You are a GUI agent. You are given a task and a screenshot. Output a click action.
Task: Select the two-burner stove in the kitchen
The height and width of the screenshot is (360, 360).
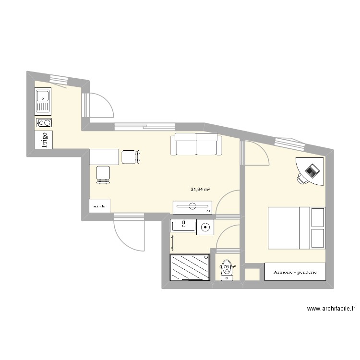44,123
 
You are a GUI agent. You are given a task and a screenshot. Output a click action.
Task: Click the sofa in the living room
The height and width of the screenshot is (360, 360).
196,144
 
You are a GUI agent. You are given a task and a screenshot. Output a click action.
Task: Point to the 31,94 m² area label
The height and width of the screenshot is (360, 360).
200,190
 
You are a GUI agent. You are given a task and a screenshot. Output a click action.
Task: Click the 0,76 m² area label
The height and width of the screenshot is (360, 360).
228,267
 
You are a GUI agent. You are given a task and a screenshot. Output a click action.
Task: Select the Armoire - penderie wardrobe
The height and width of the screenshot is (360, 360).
295,272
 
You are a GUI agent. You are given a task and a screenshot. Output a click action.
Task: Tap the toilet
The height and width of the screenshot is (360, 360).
227,272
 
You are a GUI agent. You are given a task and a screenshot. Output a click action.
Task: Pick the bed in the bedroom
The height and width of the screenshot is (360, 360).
296,228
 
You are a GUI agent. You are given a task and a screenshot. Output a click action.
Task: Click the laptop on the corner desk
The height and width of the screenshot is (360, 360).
312,169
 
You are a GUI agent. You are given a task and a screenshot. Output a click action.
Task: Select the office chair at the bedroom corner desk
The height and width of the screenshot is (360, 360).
303,178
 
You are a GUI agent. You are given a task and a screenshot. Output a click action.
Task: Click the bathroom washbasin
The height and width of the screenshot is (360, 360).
183,225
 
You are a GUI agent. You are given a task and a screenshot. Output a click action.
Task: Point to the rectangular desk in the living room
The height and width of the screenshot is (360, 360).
104,157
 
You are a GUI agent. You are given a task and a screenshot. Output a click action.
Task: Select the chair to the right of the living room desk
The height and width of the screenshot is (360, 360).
131,156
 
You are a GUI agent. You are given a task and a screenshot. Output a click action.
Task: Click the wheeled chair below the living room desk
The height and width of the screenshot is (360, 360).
103,174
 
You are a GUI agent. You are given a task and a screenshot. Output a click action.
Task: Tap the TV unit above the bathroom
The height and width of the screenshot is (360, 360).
192,207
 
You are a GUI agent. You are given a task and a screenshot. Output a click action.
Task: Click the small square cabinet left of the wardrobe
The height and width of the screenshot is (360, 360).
252,275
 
